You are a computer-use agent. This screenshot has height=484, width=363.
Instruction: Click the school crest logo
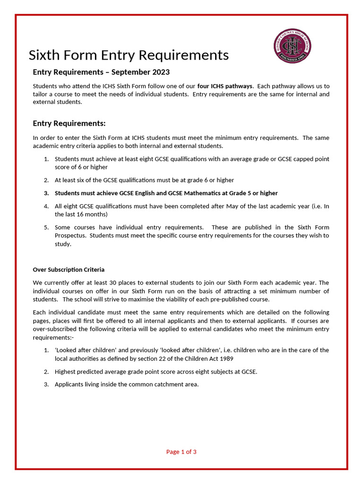point(293,46)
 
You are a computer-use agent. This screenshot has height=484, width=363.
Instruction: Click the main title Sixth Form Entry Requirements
point(129,55)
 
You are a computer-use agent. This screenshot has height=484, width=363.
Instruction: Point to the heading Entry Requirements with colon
point(69,123)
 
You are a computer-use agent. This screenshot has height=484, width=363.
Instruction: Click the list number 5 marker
point(46,227)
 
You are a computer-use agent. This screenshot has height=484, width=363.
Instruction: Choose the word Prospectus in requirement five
point(70,235)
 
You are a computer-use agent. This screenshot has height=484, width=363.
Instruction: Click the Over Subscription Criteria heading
point(69,270)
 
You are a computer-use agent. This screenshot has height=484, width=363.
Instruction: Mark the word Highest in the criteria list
point(65,372)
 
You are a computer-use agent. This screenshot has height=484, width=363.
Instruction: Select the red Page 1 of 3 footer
point(181,452)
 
